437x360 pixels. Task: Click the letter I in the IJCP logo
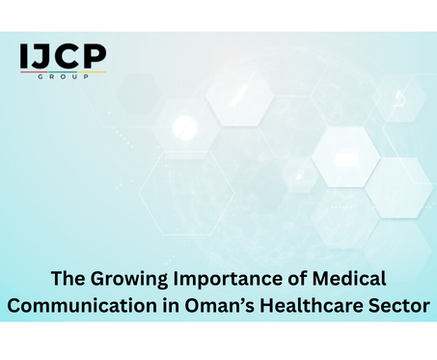[x=25, y=57]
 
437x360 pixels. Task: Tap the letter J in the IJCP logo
[x=41, y=57]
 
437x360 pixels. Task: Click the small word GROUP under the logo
[x=63, y=76]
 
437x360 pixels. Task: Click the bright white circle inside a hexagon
[x=184, y=126]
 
